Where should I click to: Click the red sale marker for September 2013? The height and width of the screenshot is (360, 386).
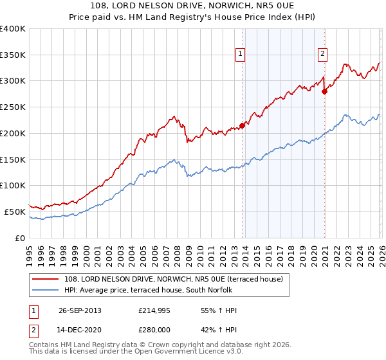click(x=243, y=125)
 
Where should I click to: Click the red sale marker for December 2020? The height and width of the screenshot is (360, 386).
click(x=325, y=91)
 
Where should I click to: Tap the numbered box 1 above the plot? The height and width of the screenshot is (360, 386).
click(x=240, y=55)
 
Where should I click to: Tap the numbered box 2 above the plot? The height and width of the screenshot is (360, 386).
click(x=322, y=55)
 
